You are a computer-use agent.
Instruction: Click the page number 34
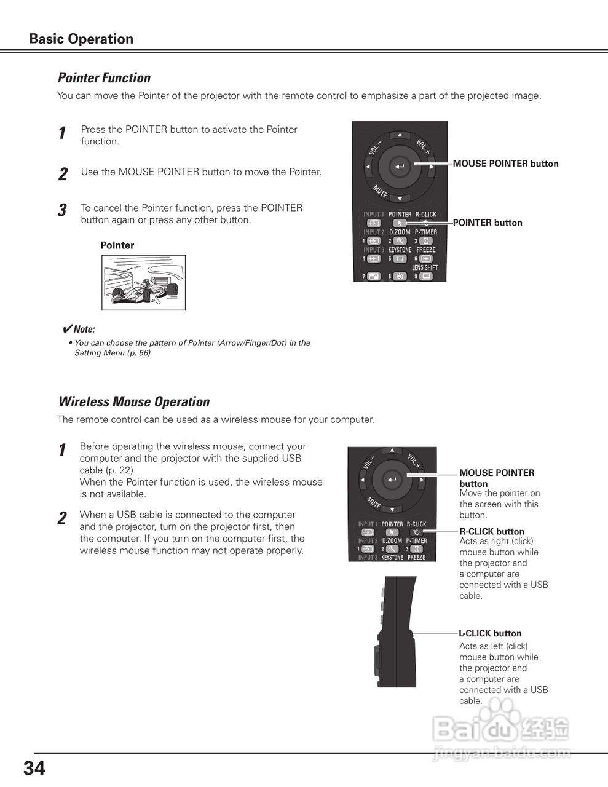tap(34, 768)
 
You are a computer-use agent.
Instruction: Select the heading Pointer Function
tap(104, 78)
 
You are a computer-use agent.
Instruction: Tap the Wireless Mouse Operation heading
tap(133, 402)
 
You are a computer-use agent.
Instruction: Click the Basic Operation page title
tap(81, 39)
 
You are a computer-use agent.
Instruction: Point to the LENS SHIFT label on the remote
tap(425, 267)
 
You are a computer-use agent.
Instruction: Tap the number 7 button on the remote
tap(373, 277)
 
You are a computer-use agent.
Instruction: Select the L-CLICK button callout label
tap(490, 633)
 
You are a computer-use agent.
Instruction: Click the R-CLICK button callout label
tap(492, 531)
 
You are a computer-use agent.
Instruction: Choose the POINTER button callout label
tap(488, 223)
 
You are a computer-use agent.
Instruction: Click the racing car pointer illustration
tap(143, 283)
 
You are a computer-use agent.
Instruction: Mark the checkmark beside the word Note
tap(68, 329)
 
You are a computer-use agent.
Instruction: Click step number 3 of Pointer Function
tap(62, 211)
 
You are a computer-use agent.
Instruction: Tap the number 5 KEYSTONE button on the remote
tap(400, 259)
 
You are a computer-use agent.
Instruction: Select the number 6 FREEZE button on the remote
tap(426, 259)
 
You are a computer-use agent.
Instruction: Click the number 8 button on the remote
tap(400, 277)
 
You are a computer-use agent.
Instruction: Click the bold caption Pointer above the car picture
tap(117, 245)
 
